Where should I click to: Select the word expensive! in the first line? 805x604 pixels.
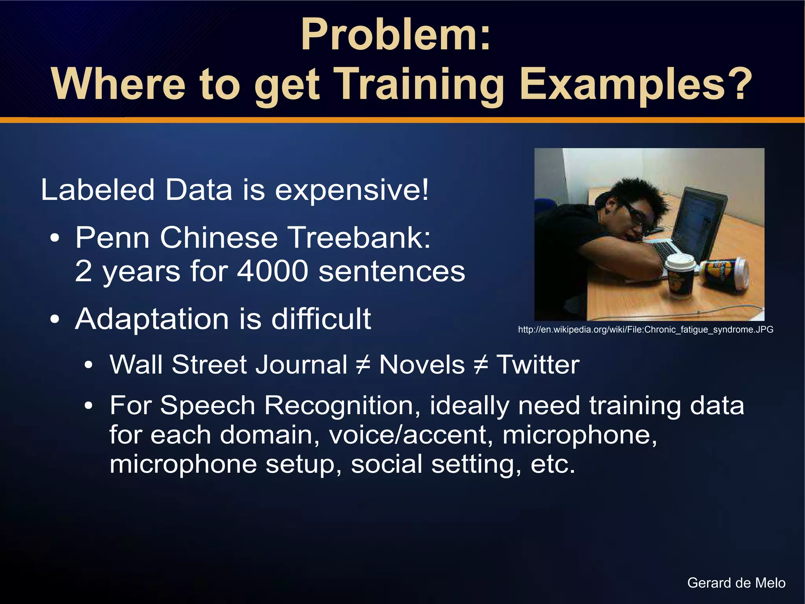coord(351,190)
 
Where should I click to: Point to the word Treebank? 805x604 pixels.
coord(359,238)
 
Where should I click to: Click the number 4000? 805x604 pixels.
coord(272,271)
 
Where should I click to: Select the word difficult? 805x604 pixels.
coord(321,319)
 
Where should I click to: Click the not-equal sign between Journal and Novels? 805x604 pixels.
coord(363,365)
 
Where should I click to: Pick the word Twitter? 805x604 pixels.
coord(538,365)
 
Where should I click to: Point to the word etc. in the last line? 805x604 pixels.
coord(553,464)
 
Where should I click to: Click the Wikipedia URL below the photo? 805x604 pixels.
coord(645,330)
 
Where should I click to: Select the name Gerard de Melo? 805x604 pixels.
coord(736,583)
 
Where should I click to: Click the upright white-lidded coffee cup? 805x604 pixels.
coord(680,275)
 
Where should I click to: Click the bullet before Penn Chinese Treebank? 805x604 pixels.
coord(55,238)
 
